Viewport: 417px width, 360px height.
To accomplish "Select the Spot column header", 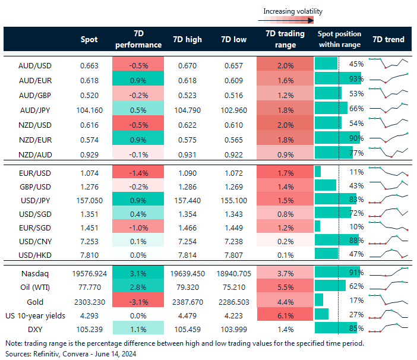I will click(89, 40).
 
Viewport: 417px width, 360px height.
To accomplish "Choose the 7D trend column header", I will click(388, 40).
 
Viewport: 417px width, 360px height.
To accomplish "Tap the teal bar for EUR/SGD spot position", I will click(317, 226).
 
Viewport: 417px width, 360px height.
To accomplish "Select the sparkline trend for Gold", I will click(388, 301).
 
